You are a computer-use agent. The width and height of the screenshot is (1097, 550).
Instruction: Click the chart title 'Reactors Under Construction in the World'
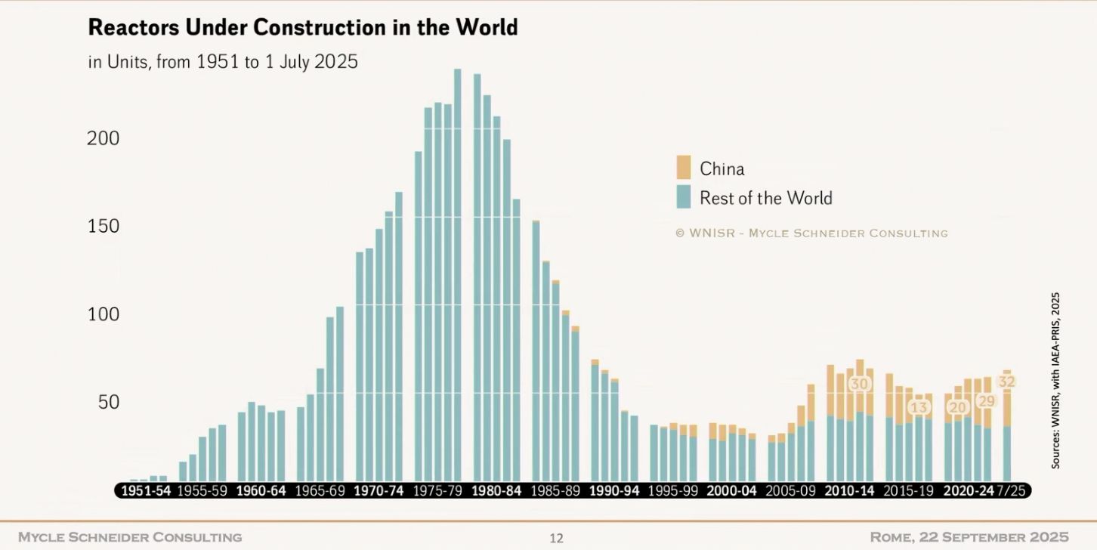point(303,28)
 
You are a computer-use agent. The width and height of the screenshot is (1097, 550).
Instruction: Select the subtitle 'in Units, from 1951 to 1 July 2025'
point(223,62)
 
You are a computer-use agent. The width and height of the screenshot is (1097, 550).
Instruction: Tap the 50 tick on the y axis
point(108,402)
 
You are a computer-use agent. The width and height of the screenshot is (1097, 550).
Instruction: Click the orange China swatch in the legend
point(684,168)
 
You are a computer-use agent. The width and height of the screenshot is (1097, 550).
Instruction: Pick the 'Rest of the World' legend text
point(765,198)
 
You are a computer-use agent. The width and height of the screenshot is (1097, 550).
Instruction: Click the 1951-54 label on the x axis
point(146,490)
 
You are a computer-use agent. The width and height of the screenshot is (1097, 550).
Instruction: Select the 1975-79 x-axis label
point(438,490)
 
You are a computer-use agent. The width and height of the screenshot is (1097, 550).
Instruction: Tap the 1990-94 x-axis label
point(615,490)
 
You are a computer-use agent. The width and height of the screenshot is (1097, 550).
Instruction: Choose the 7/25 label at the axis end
point(1011,490)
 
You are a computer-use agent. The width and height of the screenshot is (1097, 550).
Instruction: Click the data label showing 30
point(860,384)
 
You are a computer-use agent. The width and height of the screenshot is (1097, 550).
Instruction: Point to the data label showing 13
point(919,408)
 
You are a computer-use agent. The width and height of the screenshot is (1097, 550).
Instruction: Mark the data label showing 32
point(1006,382)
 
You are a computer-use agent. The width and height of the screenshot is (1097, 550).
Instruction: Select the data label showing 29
point(987,401)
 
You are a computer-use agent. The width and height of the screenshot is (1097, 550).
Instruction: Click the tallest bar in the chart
point(458,272)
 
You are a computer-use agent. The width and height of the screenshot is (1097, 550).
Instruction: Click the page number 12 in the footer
point(556,539)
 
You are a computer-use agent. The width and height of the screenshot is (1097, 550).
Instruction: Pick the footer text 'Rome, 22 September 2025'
point(969,537)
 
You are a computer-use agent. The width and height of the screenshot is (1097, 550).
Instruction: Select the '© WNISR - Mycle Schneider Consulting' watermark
point(811,233)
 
